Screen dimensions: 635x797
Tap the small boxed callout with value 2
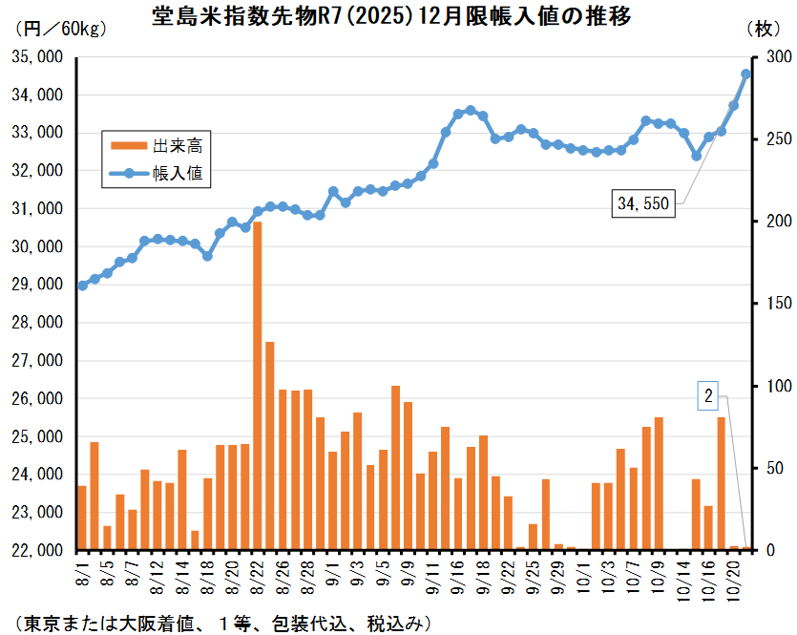[708, 395]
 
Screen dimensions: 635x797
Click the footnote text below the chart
[220, 623]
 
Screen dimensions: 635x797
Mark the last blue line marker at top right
[746, 74]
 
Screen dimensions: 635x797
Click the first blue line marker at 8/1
[82, 286]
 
